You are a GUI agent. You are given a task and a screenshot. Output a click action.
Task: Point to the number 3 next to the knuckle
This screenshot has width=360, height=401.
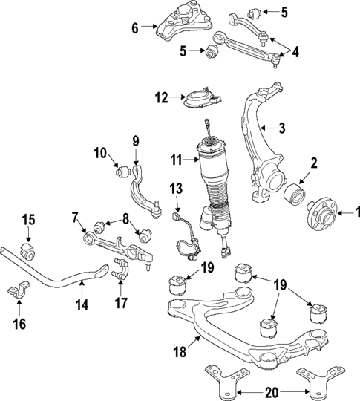(281, 128)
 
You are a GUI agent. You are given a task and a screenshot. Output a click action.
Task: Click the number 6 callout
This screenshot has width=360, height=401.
(134, 28)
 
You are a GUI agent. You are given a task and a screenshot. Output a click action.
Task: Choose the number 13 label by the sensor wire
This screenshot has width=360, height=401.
(176, 189)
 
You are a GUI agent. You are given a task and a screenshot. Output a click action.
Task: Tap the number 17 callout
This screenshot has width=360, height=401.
(121, 303)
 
